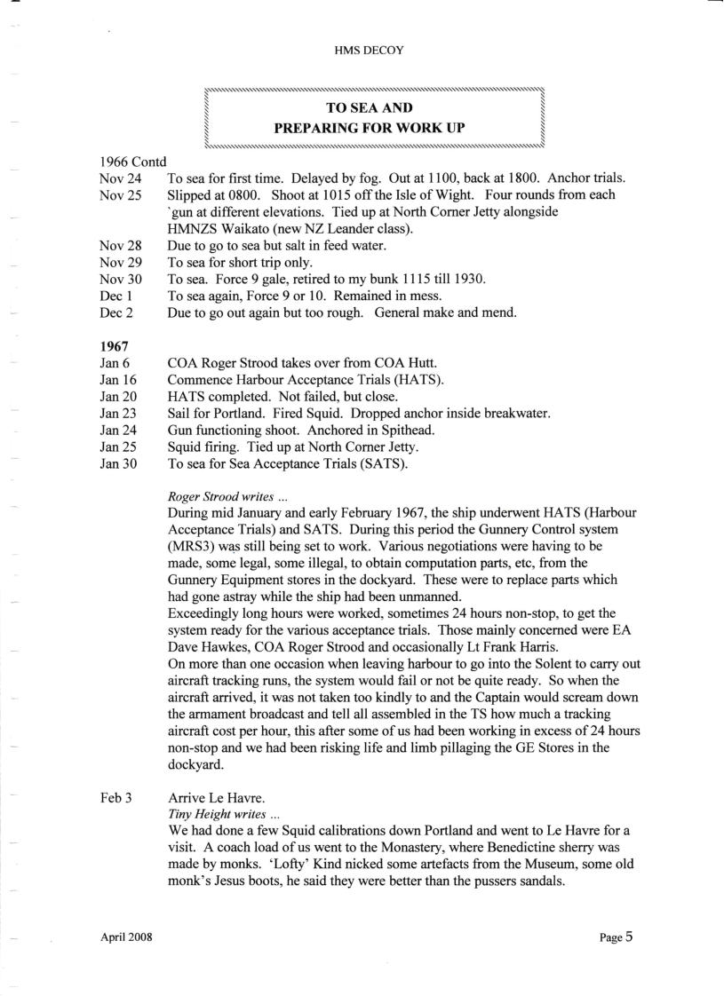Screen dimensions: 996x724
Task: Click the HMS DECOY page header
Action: [364, 51]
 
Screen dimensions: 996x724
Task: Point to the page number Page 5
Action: [616, 937]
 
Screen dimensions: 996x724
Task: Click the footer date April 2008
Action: [127, 938]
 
